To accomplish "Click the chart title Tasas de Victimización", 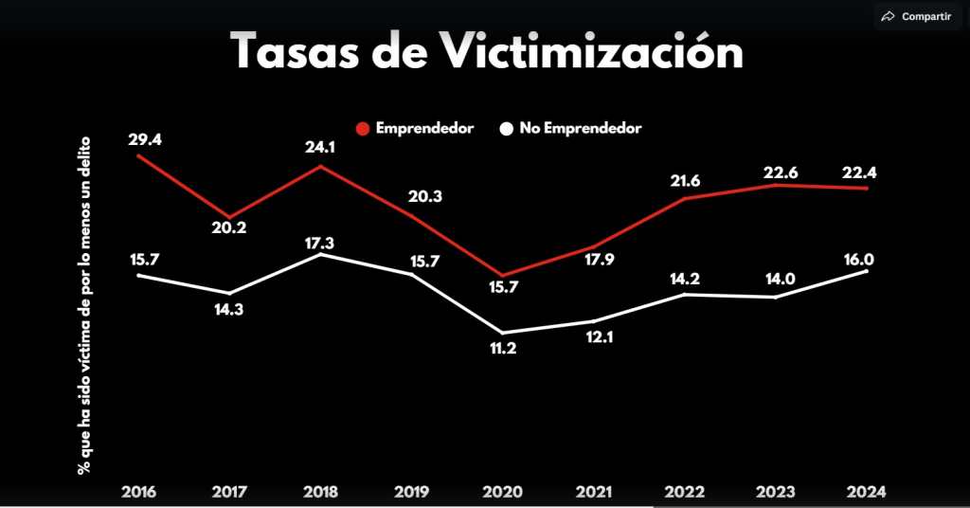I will pyautogui.click(x=487, y=51).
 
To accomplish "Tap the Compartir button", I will pyautogui.click(x=915, y=16).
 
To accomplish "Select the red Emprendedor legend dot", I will pyautogui.click(x=363, y=128).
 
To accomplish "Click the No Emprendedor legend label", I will pyautogui.click(x=580, y=128).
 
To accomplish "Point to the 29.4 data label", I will pyautogui.click(x=143, y=139).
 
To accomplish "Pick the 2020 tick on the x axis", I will pyautogui.click(x=502, y=492).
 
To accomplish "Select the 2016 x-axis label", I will pyautogui.click(x=140, y=492).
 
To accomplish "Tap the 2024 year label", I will pyautogui.click(x=865, y=492).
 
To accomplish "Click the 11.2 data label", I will pyautogui.click(x=504, y=350).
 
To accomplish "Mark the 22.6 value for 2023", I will pyautogui.click(x=776, y=171).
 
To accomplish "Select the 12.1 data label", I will pyautogui.click(x=593, y=338).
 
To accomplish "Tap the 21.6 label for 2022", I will pyautogui.click(x=683, y=181).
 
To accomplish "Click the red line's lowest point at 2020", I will pyautogui.click(x=502, y=275).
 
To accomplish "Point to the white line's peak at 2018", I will pyautogui.click(x=323, y=254).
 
